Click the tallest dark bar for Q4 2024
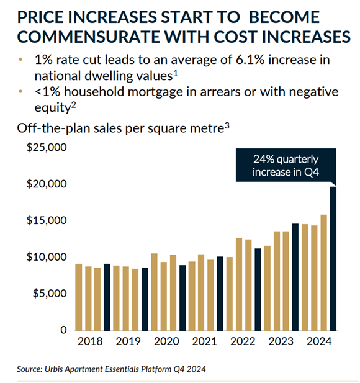333,259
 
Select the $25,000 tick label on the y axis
47,147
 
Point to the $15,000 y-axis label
47,220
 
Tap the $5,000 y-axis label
50,293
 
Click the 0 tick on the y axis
63,330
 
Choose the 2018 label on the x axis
90,341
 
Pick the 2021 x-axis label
204,341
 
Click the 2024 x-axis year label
319,341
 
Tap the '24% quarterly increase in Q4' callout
286,165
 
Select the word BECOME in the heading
284,17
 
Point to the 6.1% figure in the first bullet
250,60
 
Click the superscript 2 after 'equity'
73,105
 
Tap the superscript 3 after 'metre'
227,125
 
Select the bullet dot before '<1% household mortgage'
20,92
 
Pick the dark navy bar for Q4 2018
107,297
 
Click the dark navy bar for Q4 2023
295,277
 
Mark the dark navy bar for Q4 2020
182,298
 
